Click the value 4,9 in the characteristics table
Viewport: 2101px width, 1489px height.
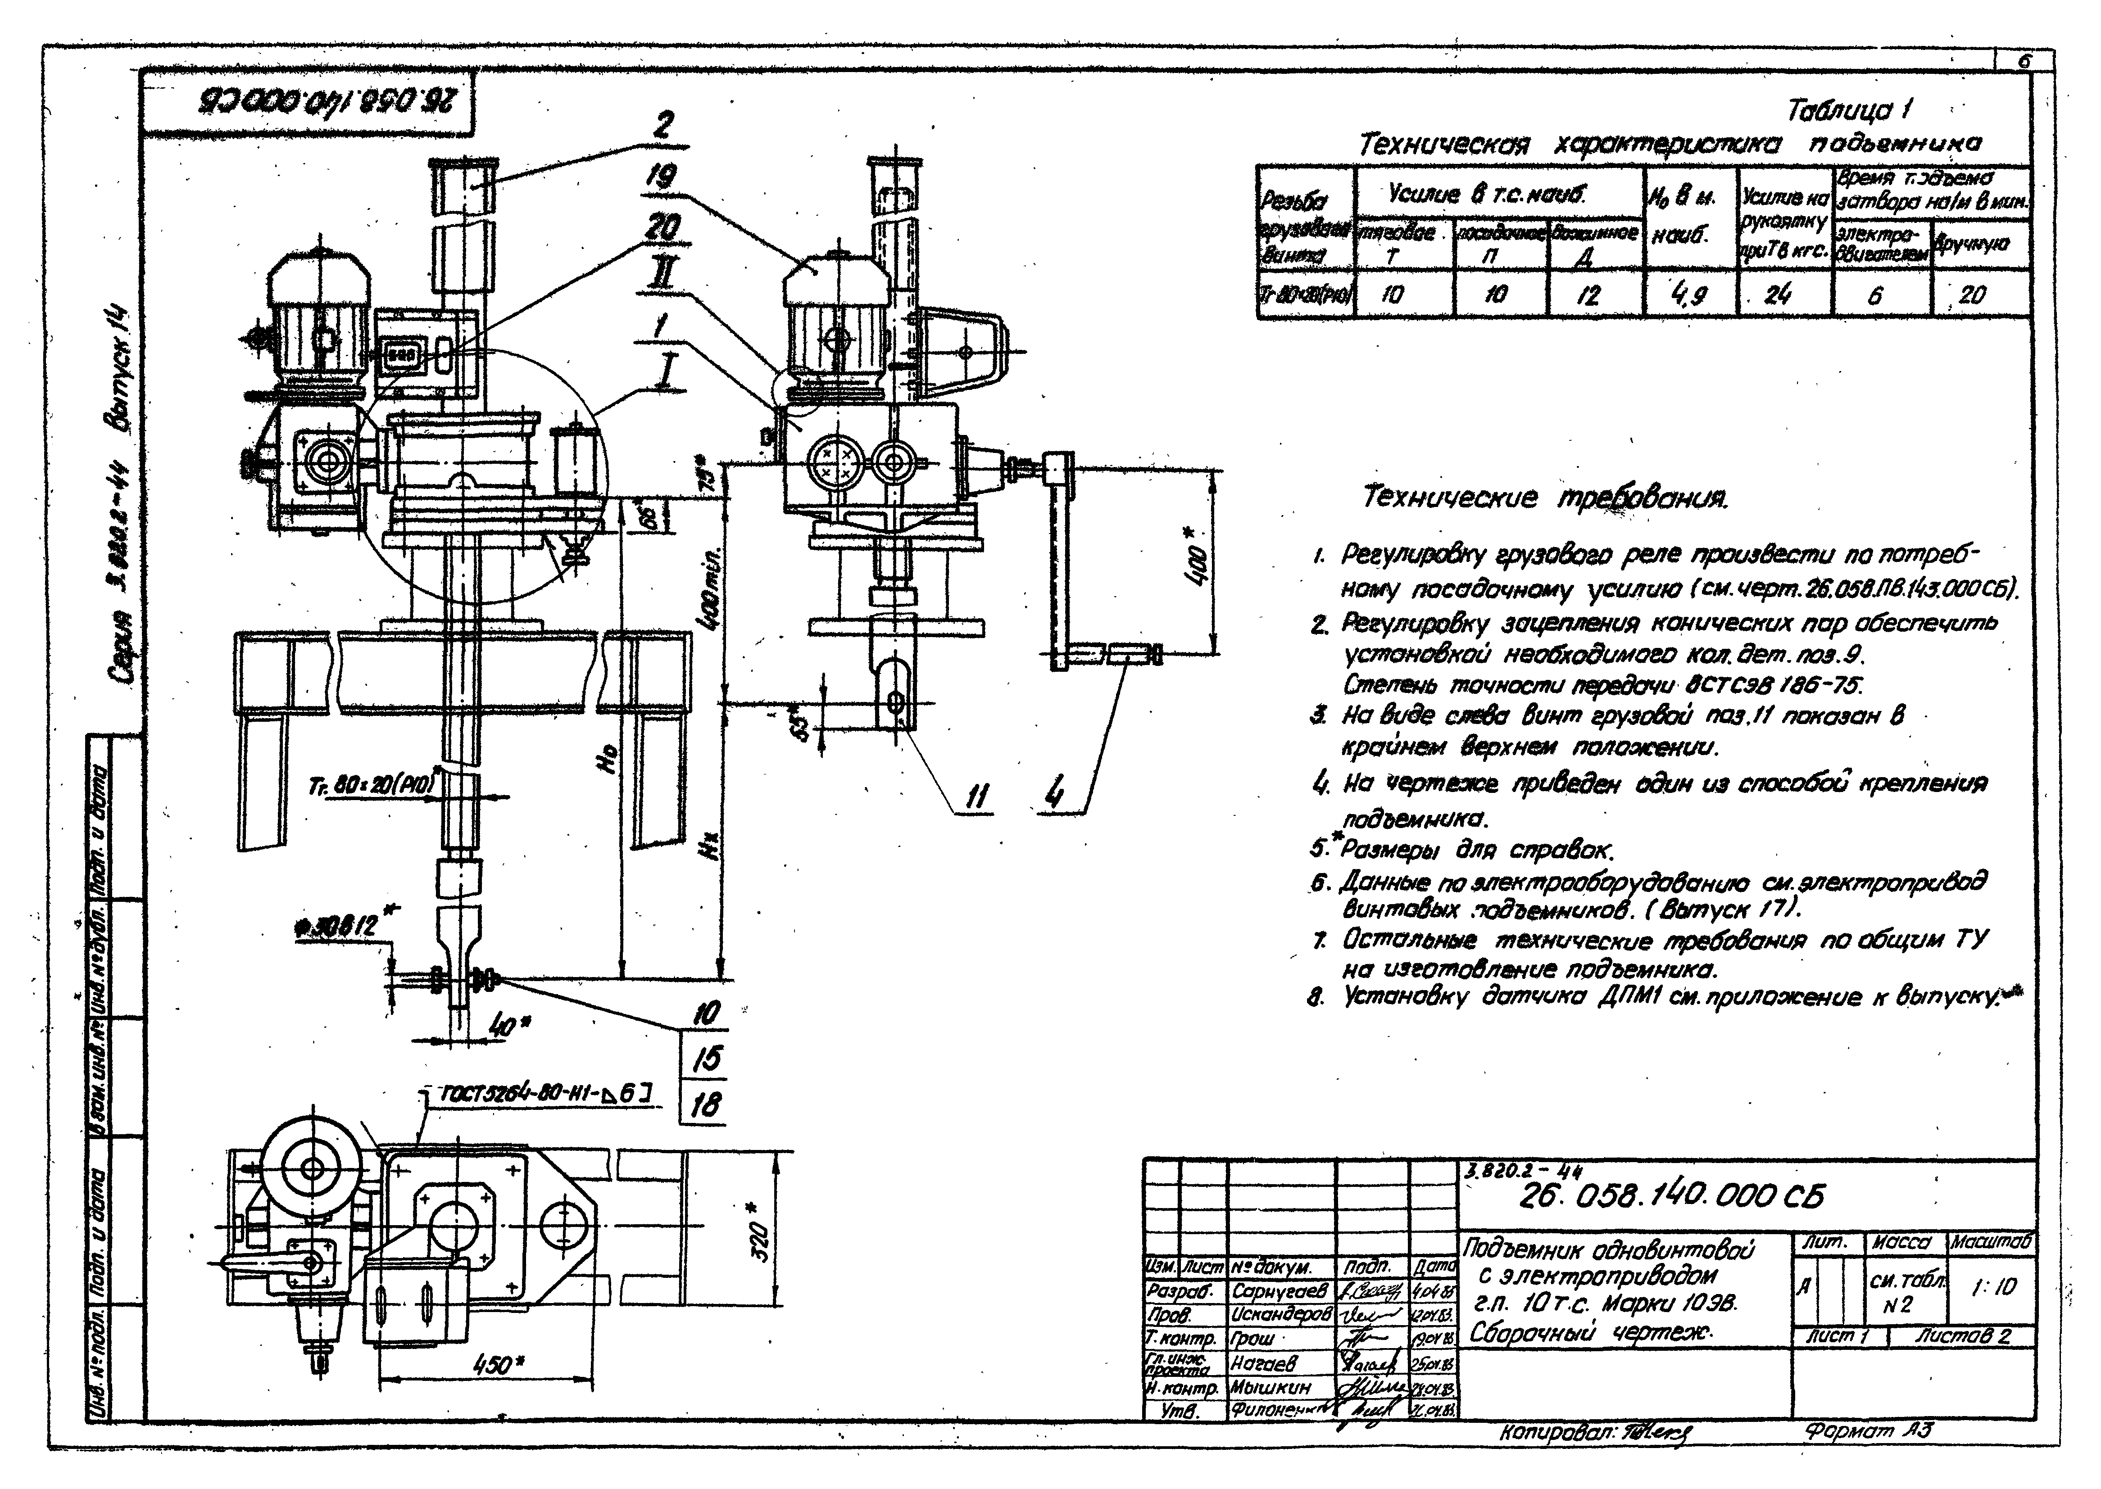[1688, 295]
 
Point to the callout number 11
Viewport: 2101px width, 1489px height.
[979, 797]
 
